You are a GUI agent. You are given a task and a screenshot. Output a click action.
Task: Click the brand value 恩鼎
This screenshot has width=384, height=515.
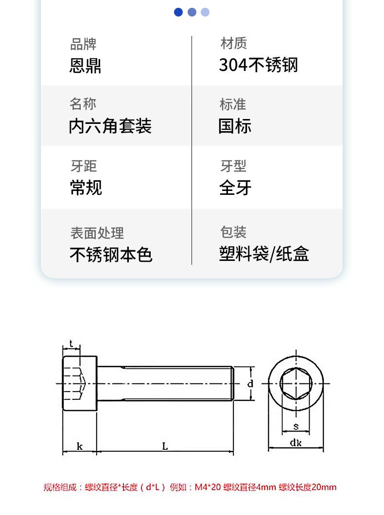[85, 65]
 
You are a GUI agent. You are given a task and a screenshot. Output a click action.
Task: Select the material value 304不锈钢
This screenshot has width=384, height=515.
[258, 65]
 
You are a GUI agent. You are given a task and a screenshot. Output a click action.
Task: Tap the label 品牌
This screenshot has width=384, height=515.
[83, 44]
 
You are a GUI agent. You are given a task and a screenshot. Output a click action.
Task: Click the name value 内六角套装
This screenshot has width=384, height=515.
[110, 126]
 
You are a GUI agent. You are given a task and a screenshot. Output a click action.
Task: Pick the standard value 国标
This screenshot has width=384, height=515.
[235, 126]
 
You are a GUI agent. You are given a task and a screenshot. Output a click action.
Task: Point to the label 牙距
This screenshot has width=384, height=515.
[83, 166]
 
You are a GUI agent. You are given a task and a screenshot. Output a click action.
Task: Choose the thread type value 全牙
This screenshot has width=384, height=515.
[235, 188]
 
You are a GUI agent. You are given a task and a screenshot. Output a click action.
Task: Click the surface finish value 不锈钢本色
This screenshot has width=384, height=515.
[111, 254]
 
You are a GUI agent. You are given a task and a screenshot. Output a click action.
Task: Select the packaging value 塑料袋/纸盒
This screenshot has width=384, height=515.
[264, 254]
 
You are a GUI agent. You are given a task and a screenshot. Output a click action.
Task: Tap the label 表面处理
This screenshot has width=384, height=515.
[97, 233]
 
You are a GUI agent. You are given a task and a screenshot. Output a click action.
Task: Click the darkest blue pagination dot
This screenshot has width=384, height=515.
[178, 12]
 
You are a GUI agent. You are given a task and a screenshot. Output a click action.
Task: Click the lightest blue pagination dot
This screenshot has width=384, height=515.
[205, 12]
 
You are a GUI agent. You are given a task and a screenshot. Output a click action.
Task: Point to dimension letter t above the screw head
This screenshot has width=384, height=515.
[71, 343]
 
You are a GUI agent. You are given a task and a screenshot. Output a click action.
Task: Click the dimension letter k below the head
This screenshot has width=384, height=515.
[80, 446]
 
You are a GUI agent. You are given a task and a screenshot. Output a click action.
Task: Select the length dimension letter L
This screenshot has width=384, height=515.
[165, 446]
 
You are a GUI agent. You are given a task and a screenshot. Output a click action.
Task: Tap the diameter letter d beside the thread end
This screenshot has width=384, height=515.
[250, 384]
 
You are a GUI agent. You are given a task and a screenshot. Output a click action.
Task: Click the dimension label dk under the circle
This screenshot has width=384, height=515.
[296, 443]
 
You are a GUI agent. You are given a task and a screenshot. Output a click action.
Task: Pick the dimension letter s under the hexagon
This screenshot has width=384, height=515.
[296, 427]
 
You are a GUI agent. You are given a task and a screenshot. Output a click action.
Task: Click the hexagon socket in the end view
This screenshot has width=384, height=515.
[296, 383]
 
